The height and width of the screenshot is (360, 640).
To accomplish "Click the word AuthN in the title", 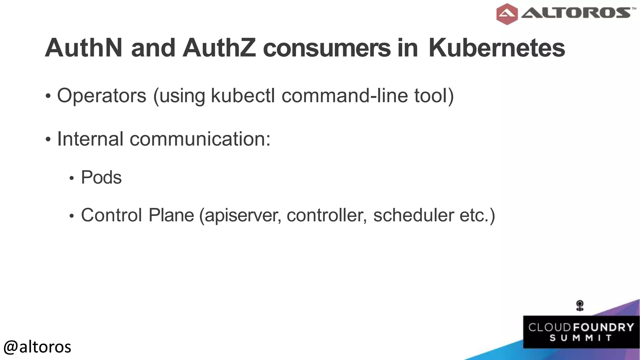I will (x=83, y=48).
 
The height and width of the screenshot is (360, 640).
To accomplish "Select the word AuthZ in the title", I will (x=219, y=48).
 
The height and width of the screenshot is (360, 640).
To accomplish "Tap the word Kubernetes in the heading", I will (x=497, y=48).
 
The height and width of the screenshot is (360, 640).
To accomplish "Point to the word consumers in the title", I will (x=327, y=48).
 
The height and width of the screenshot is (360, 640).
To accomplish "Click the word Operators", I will (x=102, y=96).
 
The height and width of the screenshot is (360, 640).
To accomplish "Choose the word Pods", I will (x=101, y=177).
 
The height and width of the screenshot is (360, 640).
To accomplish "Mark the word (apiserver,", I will (x=240, y=216).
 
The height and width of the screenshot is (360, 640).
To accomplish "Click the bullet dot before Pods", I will (x=72, y=178).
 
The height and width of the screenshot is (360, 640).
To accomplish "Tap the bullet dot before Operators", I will (x=48, y=96).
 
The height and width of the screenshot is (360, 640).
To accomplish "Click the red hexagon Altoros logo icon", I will (x=507, y=14).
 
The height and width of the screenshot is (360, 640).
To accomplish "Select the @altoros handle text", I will (x=37, y=347).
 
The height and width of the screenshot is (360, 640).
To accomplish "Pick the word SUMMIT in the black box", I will (x=581, y=338).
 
